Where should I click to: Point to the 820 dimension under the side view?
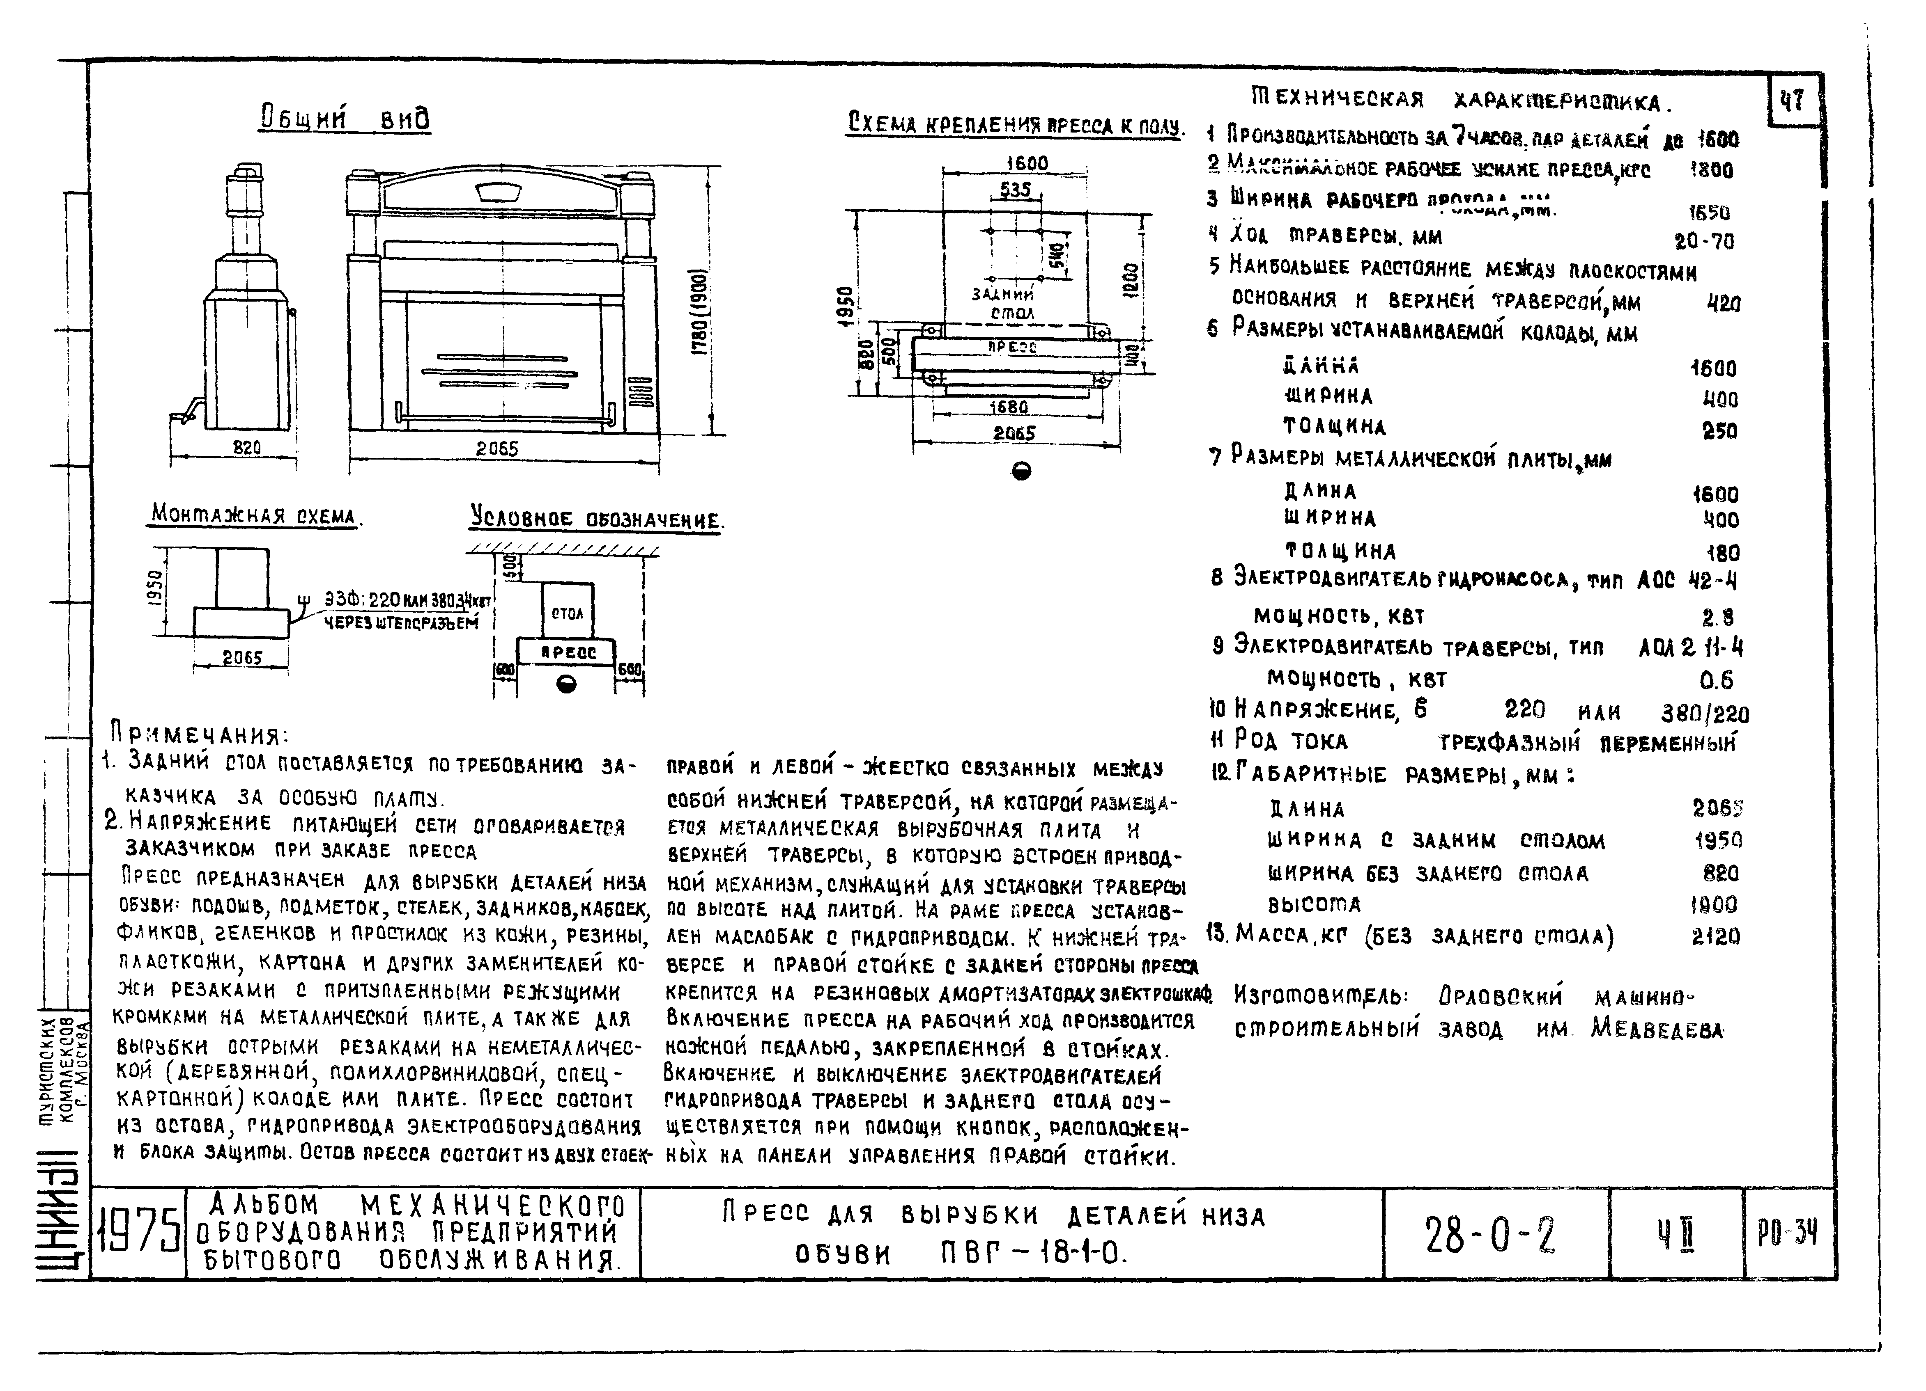pos(247,447)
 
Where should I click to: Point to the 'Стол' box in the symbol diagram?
pos(567,613)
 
